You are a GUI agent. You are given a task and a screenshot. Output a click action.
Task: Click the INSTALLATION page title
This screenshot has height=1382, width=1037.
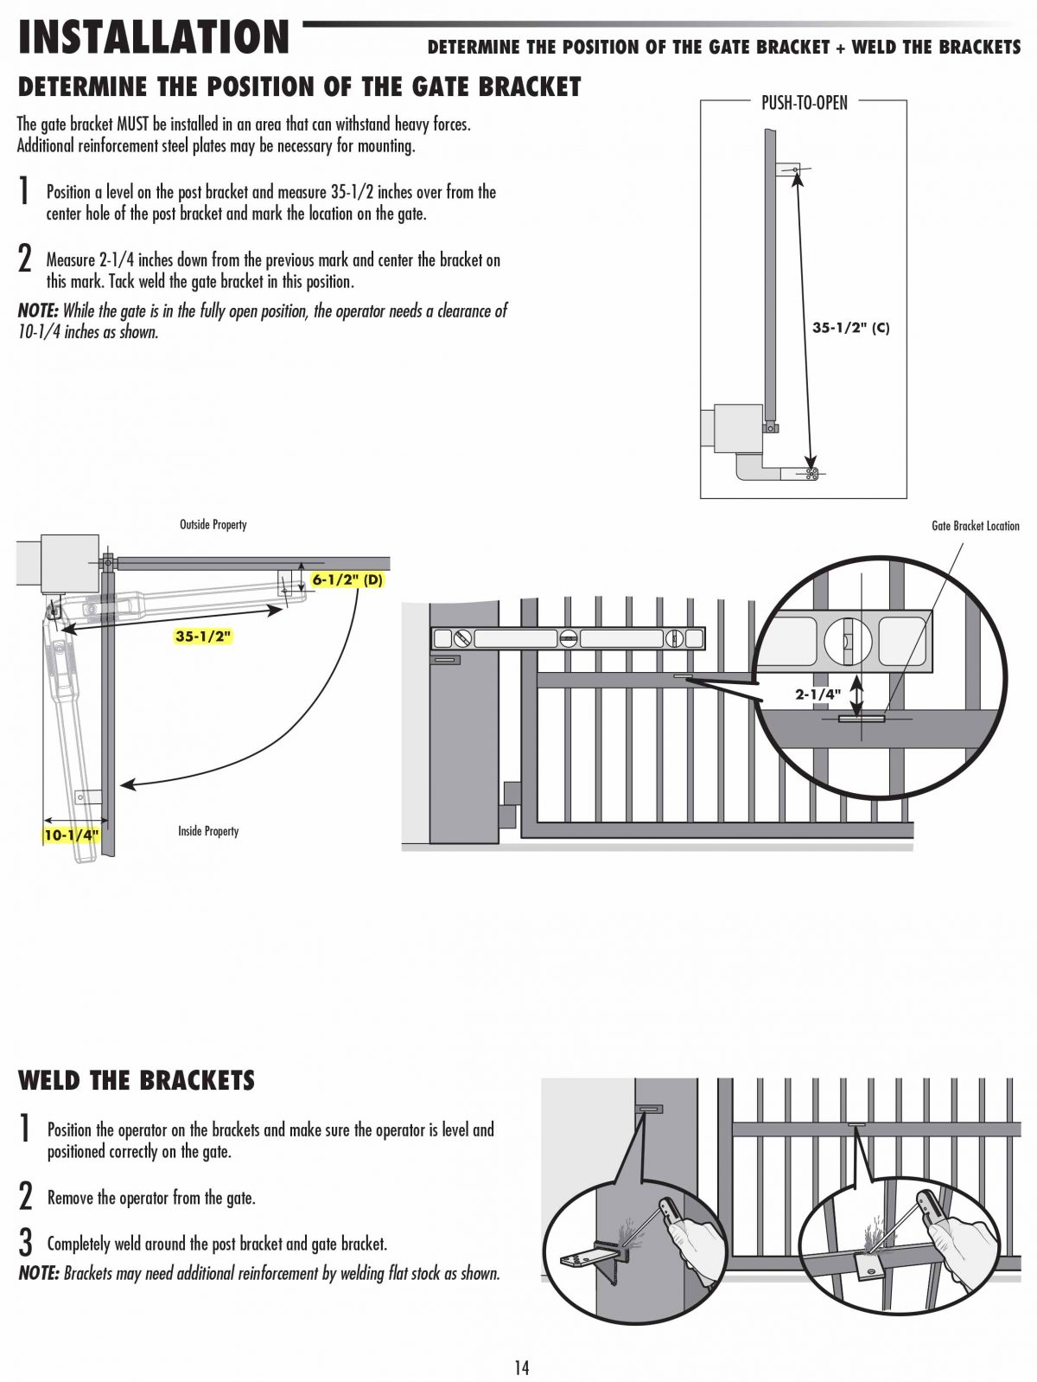[x=153, y=37]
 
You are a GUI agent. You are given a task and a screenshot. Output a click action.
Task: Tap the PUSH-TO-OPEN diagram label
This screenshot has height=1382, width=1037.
[x=804, y=103]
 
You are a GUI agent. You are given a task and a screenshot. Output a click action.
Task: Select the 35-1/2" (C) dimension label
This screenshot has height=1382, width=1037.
[x=850, y=328]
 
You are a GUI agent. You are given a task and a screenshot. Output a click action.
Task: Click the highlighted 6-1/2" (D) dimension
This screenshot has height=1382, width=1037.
[x=347, y=580]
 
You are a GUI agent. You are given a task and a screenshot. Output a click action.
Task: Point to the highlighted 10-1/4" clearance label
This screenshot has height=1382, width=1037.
[x=72, y=835]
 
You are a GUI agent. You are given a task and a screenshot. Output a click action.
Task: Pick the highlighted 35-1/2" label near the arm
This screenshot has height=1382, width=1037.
[x=204, y=636]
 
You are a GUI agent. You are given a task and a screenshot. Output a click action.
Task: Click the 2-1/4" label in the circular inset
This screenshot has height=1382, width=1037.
[x=818, y=694]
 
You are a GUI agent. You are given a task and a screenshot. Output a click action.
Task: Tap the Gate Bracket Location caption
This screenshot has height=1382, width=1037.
[x=975, y=525]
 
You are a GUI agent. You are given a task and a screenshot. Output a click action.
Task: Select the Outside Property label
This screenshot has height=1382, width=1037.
[x=213, y=524]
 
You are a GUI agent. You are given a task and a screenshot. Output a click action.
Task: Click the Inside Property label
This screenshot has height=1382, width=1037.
[x=208, y=831]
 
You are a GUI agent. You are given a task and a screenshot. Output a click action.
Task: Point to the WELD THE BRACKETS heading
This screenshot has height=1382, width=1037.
[x=137, y=1080]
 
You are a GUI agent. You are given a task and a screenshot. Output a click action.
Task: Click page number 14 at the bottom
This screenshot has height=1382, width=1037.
[x=522, y=1367]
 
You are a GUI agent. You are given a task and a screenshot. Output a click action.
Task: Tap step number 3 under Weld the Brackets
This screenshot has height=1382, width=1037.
[x=26, y=1244]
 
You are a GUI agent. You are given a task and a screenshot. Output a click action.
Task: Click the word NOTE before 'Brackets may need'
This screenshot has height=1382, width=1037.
[x=39, y=1273]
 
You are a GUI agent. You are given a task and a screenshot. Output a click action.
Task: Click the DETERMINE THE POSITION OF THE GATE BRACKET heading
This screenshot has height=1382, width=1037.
[x=299, y=86]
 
